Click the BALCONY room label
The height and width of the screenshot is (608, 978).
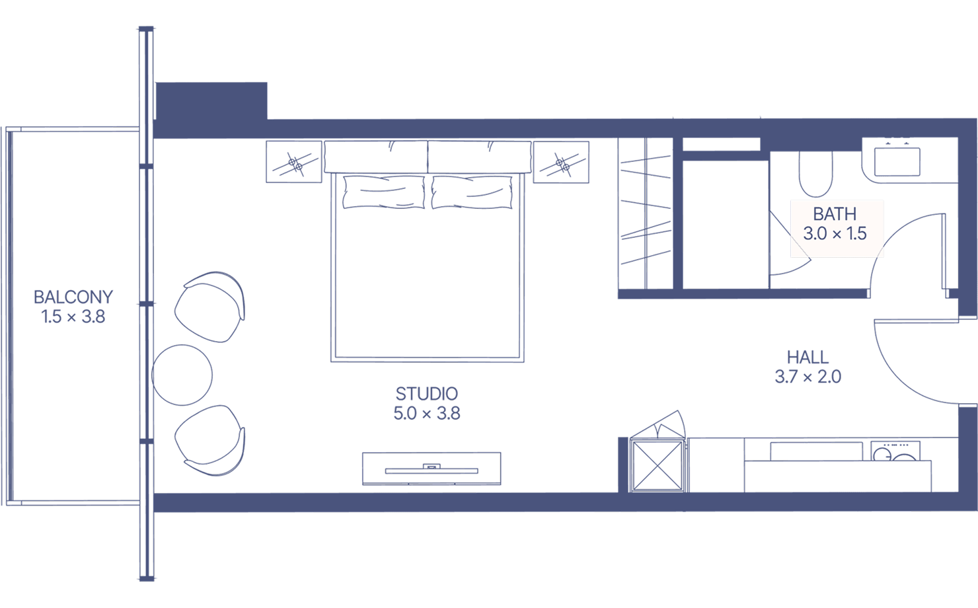pyautogui.click(x=73, y=297)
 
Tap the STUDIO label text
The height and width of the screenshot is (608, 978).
pyautogui.click(x=427, y=394)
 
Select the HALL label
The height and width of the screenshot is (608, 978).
pyautogui.click(x=808, y=358)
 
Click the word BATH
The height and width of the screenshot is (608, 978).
pyautogui.click(x=835, y=214)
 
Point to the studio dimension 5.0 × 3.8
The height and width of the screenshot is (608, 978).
pyautogui.click(x=427, y=413)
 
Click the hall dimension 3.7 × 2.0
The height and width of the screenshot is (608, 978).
pyautogui.click(x=808, y=377)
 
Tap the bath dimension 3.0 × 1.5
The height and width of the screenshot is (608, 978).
pyautogui.click(x=835, y=234)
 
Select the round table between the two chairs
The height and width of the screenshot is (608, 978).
pyautogui.click(x=182, y=375)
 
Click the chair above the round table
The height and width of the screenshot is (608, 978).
pyautogui.click(x=210, y=307)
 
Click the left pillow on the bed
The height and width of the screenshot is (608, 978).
pyautogui.click(x=384, y=192)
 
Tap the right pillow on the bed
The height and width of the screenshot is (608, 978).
pyautogui.click(x=472, y=192)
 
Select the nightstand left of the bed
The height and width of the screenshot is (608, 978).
pyautogui.click(x=294, y=162)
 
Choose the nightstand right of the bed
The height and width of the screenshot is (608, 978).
pyautogui.click(x=561, y=162)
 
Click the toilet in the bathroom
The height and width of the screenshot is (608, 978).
pyautogui.click(x=815, y=174)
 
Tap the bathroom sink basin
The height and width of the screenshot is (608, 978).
pyautogui.click(x=897, y=162)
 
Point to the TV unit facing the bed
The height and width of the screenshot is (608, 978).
pyautogui.click(x=432, y=469)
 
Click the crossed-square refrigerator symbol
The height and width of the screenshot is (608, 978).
pyautogui.click(x=658, y=466)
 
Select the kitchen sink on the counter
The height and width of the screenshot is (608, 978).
pyautogui.click(x=817, y=451)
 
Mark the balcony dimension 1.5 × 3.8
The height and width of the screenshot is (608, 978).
pyautogui.click(x=73, y=317)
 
